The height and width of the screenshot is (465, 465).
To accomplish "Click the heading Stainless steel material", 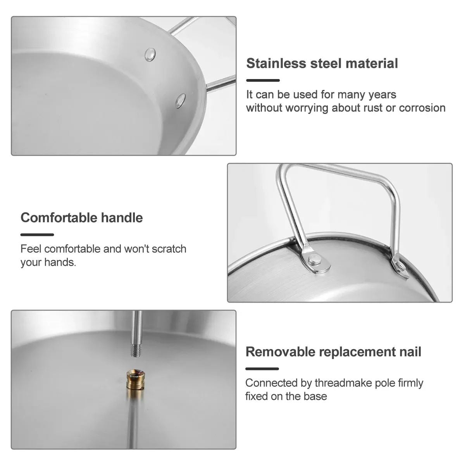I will click(x=322, y=63).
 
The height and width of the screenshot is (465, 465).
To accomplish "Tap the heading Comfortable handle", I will click(x=81, y=217).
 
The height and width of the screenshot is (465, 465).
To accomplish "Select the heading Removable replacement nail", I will click(x=333, y=351).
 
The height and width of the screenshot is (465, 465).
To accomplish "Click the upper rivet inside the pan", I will click(x=150, y=55).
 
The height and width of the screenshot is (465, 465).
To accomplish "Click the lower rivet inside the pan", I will click(x=180, y=100).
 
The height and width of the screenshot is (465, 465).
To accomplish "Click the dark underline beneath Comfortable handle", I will click(x=37, y=234).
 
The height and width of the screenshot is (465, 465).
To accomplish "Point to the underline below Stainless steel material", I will click(x=263, y=80).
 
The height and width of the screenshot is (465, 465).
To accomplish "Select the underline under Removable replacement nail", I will click(x=262, y=369).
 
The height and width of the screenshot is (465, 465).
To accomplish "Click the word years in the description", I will click(x=382, y=95).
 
